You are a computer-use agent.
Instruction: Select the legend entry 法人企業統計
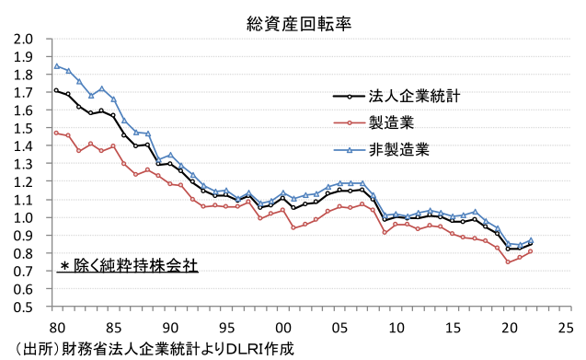tap(414, 95)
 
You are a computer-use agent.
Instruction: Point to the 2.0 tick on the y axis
tap(23, 40)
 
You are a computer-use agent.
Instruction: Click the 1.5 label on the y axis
tap(23, 129)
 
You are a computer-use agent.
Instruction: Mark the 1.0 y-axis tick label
tap(23, 218)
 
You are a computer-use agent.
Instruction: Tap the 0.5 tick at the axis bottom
tap(23, 308)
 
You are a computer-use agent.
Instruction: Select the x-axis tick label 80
tap(56, 326)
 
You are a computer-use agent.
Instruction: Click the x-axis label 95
tap(227, 326)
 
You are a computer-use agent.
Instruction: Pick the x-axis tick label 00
tap(284, 326)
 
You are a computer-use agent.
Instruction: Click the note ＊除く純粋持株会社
tap(128, 265)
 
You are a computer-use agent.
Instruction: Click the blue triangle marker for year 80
tap(56, 65)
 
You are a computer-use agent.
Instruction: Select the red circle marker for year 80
tap(56, 133)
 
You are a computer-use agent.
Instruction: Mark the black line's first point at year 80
tap(56, 90)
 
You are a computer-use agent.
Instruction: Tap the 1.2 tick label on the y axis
tap(23, 182)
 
